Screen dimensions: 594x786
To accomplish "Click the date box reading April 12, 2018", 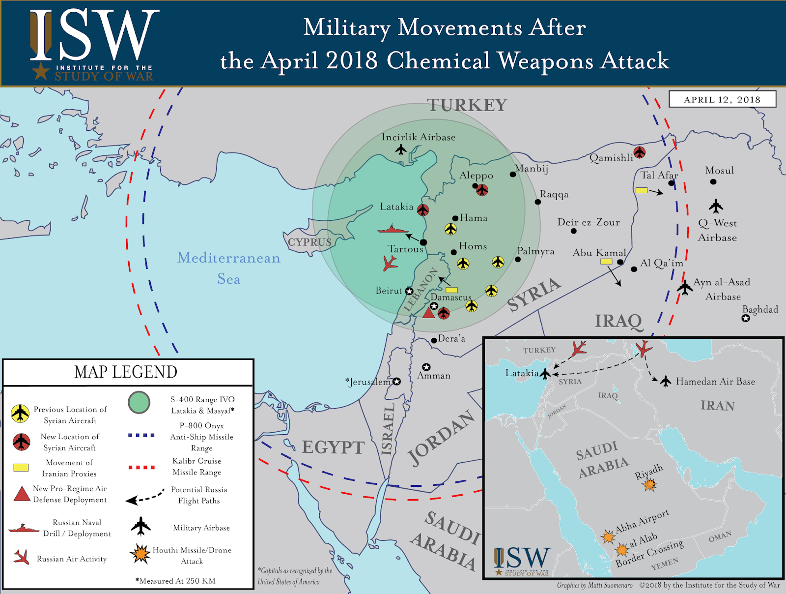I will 722,99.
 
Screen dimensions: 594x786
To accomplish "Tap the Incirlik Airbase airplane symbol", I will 401,149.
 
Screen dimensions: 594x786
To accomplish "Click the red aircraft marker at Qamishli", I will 639,152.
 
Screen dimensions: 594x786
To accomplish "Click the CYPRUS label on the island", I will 309,242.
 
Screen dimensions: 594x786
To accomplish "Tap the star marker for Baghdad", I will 746,318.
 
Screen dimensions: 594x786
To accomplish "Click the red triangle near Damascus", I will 429,312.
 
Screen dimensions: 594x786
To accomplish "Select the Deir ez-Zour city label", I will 589,222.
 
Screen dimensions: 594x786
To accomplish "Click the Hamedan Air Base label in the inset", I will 715,382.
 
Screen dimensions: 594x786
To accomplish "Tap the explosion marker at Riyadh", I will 650,485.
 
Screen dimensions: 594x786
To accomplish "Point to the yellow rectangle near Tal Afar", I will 641,190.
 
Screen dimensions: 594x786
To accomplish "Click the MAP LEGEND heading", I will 126,372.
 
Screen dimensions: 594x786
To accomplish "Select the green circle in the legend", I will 139,402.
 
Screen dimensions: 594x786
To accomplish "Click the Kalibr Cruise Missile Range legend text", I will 197,466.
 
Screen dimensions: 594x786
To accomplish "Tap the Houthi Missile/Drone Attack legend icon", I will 140,554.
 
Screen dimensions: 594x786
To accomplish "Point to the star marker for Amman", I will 426,367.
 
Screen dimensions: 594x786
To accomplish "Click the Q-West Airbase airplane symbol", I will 716,206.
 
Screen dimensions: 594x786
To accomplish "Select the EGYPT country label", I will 333,447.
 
